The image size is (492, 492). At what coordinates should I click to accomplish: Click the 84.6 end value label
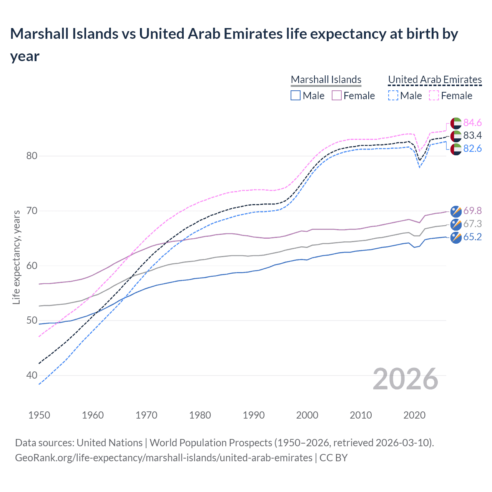point(472,123)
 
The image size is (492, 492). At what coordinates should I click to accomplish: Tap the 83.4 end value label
point(472,135)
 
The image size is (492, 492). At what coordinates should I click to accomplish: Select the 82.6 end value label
point(472,148)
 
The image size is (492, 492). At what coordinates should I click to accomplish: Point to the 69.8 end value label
point(472,211)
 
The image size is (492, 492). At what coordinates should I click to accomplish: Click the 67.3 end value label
point(472,224)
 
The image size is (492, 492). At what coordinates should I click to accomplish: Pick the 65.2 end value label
point(472,237)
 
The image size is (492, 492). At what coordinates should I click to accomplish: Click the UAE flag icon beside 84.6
point(456,123)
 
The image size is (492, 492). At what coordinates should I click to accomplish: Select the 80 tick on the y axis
point(32,156)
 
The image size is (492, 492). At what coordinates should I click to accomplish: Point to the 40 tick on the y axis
point(32,375)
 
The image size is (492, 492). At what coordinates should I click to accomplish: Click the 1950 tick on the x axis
point(39,415)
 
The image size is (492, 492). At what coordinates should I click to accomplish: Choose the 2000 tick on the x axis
point(307,415)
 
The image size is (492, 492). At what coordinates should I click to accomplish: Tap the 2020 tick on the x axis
point(414,415)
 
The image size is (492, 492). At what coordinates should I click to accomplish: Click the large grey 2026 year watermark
point(405,379)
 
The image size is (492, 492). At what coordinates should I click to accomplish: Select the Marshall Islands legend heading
point(326,80)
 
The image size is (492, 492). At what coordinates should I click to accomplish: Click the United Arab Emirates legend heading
point(435,80)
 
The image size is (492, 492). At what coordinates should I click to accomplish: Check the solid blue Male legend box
point(296,95)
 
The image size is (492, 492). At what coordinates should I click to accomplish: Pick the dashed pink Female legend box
point(434,95)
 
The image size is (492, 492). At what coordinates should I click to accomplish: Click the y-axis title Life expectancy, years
point(16,257)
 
